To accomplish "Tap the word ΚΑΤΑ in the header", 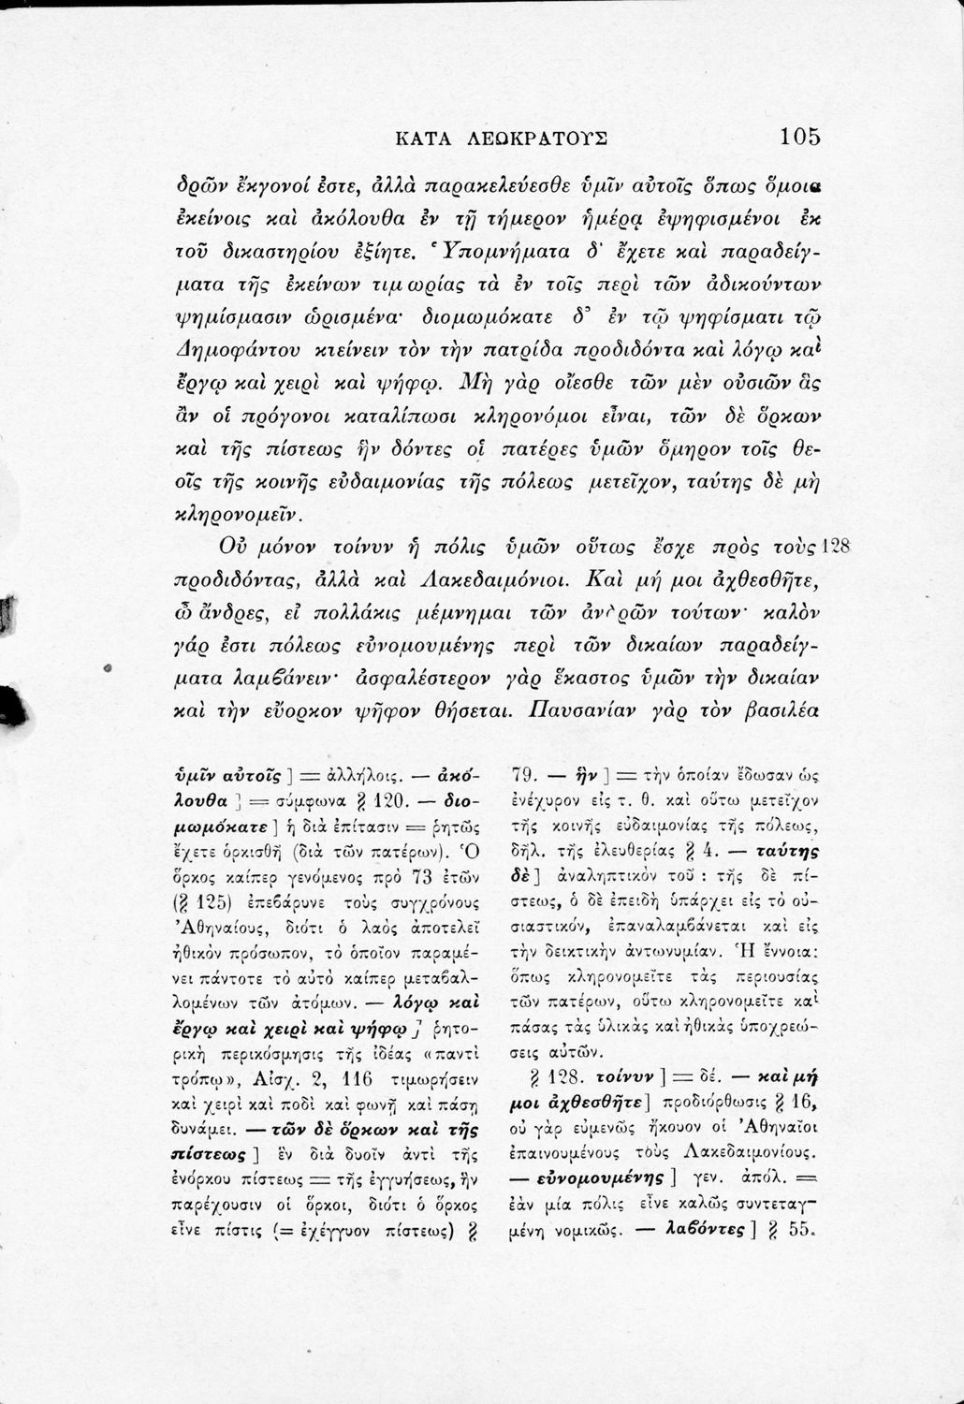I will pyautogui.click(x=426, y=139).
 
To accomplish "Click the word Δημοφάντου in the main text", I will pyautogui.click(x=227, y=349).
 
